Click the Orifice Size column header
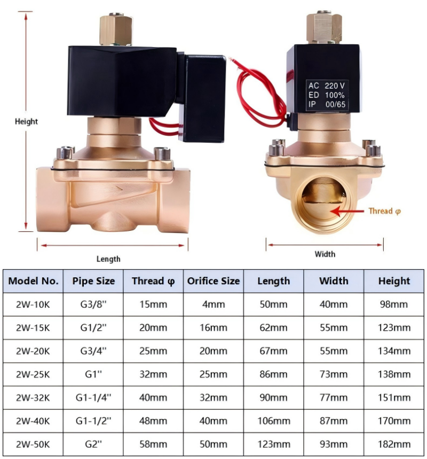[213, 281]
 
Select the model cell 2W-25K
[33, 375]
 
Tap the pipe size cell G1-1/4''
[93, 398]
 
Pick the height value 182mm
[394, 445]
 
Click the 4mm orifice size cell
[213, 305]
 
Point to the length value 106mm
[274, 421]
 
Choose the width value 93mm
[334, 445]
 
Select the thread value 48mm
[153, 421]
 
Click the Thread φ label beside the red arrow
[384, 211]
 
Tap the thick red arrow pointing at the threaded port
[347, 211]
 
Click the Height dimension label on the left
[26, 121]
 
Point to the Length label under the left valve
[108, 259]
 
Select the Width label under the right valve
[325, 254]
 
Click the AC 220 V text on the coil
[327, 86]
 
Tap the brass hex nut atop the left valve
[116, 29]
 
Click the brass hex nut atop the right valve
[324, 27]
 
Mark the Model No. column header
[33, 281]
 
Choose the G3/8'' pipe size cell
[93, 305]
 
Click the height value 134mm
[394, 351]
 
